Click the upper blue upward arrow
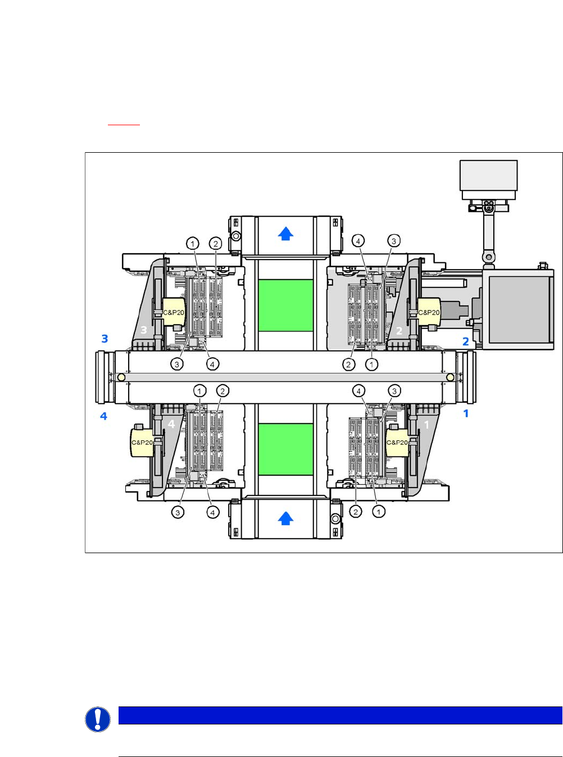click(x=285, y=234)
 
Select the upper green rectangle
click(x=285, y=305)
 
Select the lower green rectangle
click(x=285, y=449)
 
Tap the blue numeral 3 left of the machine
click(x=105, y=339)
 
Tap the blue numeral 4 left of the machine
click(x=103, y=416)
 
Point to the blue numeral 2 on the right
click(x=466, y=341)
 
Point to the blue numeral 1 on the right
click(x=466, y=414)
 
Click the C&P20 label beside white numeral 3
click(x=174, y=313)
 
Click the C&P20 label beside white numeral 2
click(x=429, y=313)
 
